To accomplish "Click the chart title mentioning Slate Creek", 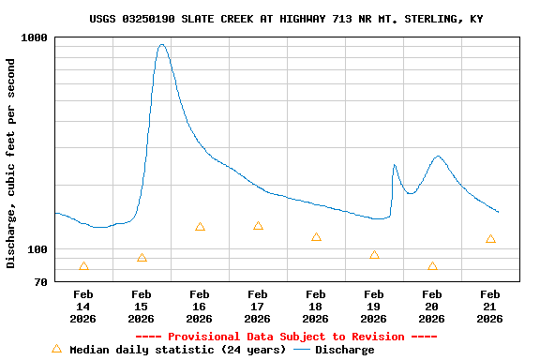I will click(287, 19).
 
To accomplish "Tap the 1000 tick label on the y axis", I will click(35, 37).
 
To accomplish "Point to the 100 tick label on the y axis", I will click(38, 249).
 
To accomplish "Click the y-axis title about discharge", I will click(11, 163).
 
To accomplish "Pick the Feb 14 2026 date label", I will click(83, 307).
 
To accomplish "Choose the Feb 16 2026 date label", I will click(200, 307).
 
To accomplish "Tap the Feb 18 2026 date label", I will click(316, 307).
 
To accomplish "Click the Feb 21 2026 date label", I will click(490, 307).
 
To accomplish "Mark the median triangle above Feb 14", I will click(83, 266).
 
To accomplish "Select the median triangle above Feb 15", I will click(142, 258).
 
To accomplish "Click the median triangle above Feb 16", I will click(200, 227).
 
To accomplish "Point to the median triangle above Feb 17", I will click(258, 226).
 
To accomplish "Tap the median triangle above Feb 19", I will click(374, 255).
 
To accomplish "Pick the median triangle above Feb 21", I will click(490, 239).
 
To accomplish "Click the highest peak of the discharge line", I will click(162, 44).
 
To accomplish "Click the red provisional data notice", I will click(286, 337).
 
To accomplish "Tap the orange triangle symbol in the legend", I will click(56, 349).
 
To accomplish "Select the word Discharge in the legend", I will click(344, 350).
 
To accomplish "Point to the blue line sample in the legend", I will click(302, 350).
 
